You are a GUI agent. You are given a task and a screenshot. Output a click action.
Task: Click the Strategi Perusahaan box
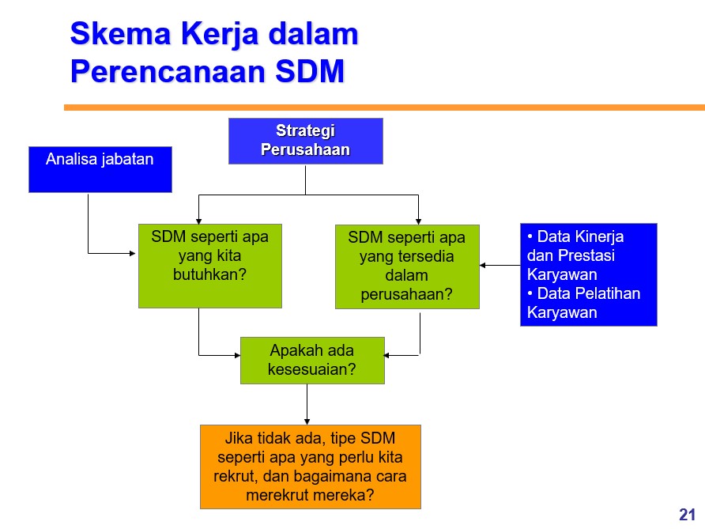(306, 141)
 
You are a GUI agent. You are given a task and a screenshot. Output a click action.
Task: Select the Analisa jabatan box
(100, 169)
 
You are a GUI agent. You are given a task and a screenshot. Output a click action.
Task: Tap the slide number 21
(688, 514)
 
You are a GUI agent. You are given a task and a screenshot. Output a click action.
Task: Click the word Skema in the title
(120, 34)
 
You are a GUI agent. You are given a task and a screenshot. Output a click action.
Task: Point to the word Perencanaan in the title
(168, 71)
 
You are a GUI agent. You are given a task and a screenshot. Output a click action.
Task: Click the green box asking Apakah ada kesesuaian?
(312, 361)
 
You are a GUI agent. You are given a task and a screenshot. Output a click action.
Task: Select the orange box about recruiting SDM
(311, 467)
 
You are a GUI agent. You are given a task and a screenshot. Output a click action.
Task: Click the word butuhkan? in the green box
(210, 274)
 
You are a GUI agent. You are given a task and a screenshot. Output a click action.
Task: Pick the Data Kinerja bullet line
(575, 236)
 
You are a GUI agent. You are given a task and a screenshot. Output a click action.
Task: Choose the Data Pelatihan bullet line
(583, 293)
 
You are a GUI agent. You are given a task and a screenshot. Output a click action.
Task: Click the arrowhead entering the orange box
(307, 421)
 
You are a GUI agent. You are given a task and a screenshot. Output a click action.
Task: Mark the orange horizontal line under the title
(384, 108)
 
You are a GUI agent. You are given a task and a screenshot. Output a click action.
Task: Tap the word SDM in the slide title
(310, 71)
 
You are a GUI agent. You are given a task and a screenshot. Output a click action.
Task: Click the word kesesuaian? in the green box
(311, 369)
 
